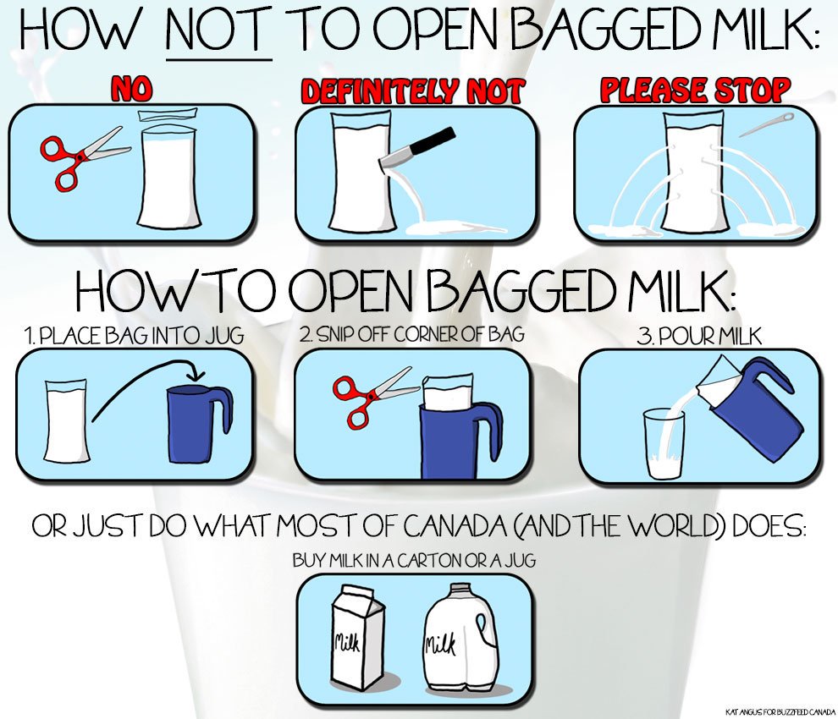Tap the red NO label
(132, 89)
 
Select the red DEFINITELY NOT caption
(412, 91)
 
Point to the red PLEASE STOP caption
(695, 89)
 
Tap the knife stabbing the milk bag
(416, 149)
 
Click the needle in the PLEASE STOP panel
(766, 124)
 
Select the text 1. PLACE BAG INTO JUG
(134, 336)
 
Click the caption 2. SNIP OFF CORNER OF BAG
(411, 334)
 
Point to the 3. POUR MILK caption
(699, 336)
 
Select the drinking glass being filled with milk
(664, 444)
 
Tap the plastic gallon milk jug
(462, 636)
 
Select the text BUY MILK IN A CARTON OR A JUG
(414, 560)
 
